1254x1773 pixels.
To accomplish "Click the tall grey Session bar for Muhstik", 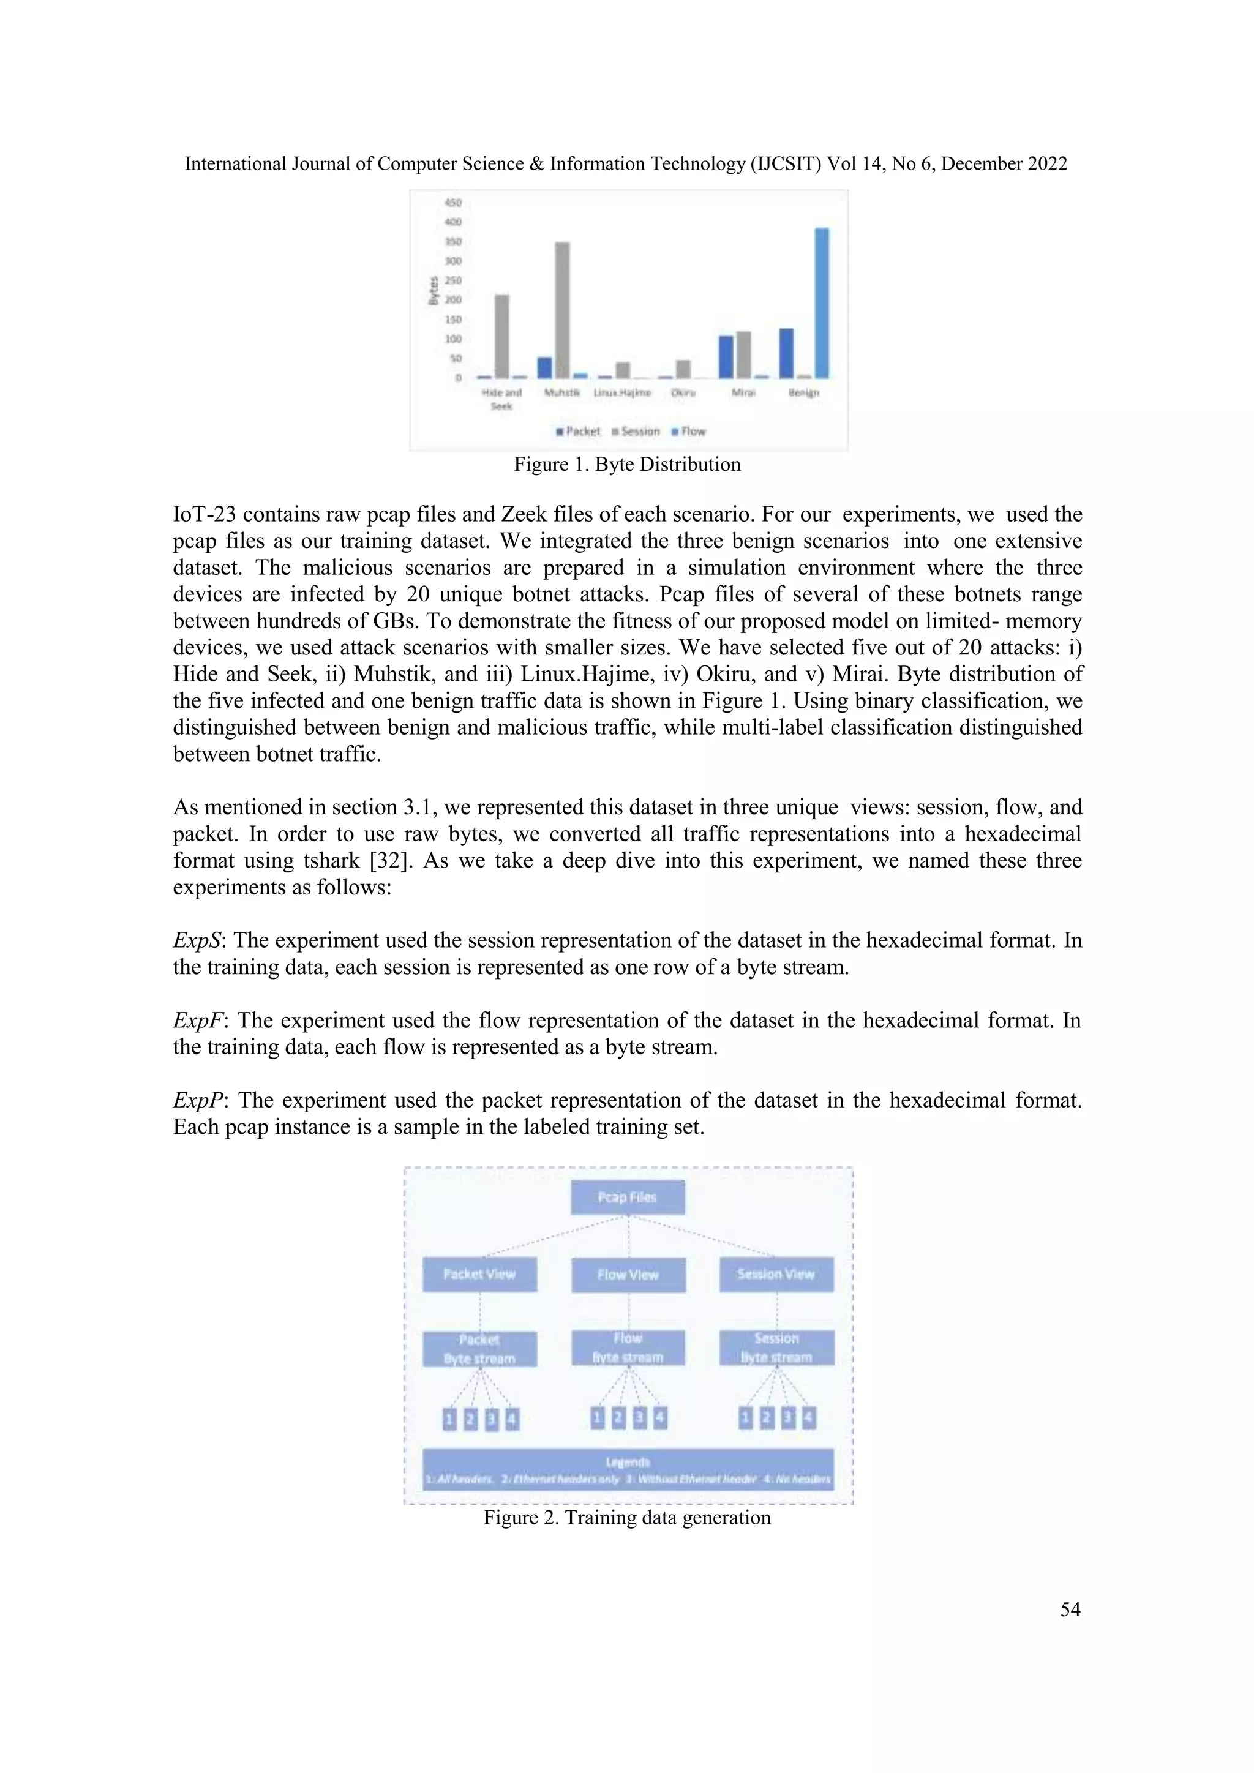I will pyautogui.click(x=562, y=310).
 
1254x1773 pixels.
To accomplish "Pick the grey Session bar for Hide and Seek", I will pyautogui.click(x=502, y=337).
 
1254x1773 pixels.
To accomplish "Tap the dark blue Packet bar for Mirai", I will pyautogui.click(x=726, y=357).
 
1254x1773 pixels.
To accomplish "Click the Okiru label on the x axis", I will pyautogui.click(x=683, y=392).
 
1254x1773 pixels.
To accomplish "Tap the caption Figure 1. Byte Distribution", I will pyautogui.click(x=627, y=465).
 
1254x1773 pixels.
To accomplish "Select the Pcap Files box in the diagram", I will pyautogui.click(x=627, y=1198).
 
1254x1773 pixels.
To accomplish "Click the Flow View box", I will pyautogui.click(x=628, y=1275).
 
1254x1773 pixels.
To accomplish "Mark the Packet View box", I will pyautogui.click(x=479, y=1275).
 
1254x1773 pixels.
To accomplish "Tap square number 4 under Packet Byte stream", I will pyautogui.click(x=511, y=1419).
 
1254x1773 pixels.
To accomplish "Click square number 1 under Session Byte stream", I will pyautogui.click(x=745, y=1418).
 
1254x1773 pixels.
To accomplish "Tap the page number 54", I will pyautogui.click(x=1070, y=1610).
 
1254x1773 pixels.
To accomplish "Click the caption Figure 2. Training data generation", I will pyautogui.click(x=627, y=1518).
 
